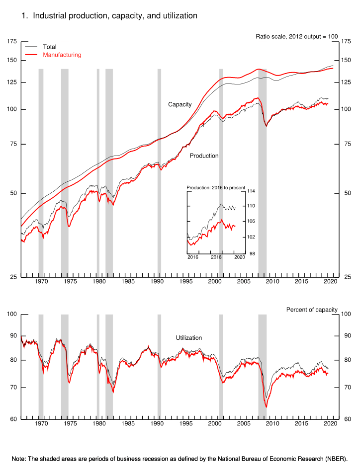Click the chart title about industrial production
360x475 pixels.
109,16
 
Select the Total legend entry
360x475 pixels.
50,47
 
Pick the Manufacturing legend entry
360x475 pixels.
62,55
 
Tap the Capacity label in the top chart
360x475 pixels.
180,104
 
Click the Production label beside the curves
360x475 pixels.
204,156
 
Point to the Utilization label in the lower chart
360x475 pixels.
189,338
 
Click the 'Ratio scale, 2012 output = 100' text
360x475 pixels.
296,36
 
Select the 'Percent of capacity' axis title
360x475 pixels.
312,310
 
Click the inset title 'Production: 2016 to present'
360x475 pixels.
216,187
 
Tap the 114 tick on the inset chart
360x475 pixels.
251,191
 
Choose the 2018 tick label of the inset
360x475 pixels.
216,257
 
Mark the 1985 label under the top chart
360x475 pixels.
128,282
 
